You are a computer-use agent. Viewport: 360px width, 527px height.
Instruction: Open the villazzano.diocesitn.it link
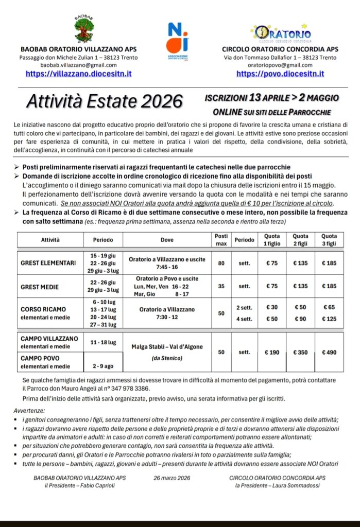point(78,74)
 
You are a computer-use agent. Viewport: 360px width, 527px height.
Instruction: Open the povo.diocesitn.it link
point(280,74)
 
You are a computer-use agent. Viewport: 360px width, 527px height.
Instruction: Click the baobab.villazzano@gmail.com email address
point(78,65)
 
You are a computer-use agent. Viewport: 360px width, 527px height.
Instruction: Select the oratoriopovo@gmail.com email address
point(280,65)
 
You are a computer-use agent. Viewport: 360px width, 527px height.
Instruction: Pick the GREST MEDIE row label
point(40,287)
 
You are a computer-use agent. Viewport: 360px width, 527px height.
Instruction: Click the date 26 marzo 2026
point(172,478)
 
